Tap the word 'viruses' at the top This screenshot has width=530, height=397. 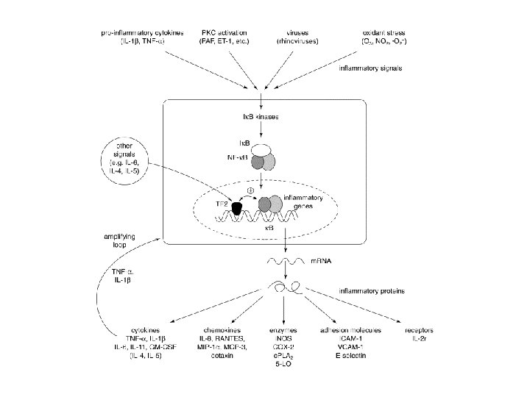coord(293,32)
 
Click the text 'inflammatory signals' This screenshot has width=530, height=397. coord(370,68)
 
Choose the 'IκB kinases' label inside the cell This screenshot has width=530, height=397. coord(261,117)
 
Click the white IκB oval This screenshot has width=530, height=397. coord(261,149)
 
